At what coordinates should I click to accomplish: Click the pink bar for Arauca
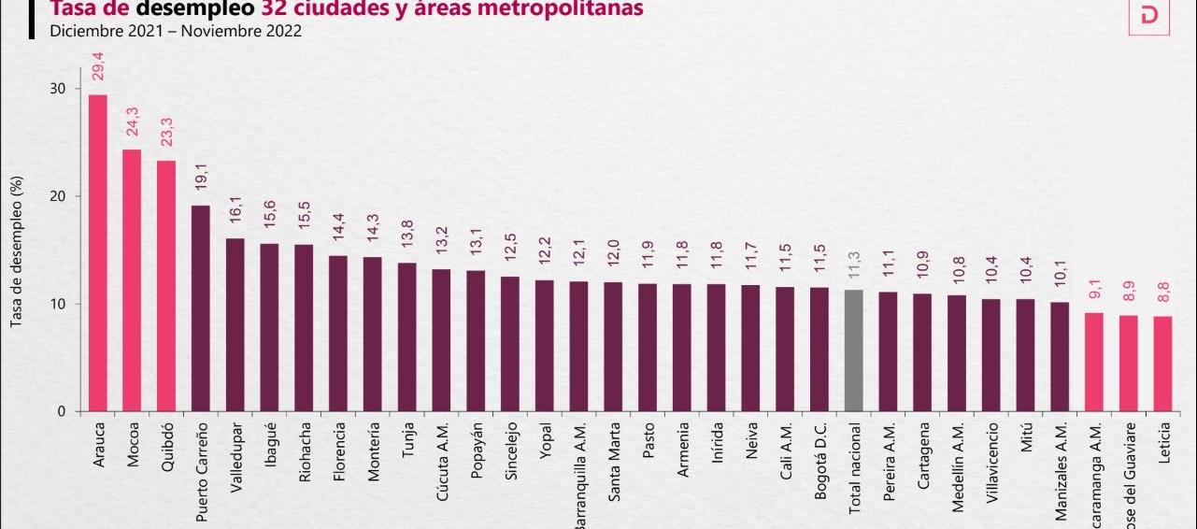point(97,252)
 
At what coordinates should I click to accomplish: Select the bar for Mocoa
point(132,280)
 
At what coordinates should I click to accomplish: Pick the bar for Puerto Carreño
point(200,308)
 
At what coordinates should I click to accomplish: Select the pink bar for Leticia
point(1162,364)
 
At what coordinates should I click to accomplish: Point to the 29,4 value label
point(97,68)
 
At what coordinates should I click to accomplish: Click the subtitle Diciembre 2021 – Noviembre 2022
point(176,31)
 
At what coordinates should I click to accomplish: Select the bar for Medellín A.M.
point(957,353)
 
